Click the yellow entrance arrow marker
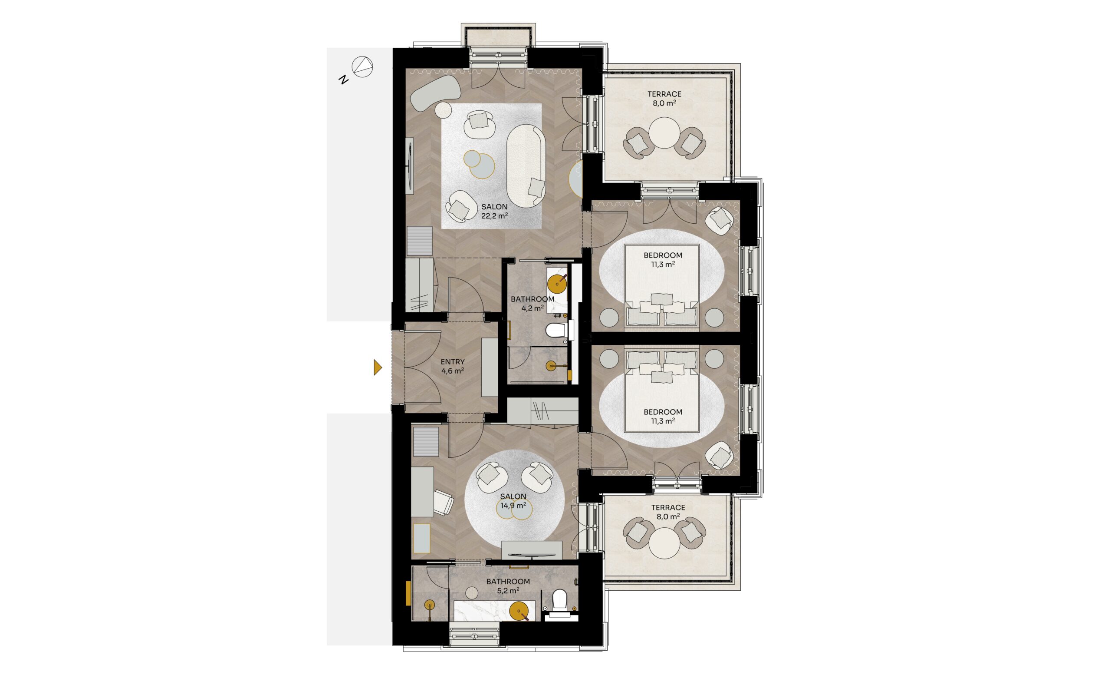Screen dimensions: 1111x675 point(378,367)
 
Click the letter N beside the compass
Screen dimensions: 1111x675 point(344,80)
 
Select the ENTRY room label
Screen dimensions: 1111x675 point(453,361)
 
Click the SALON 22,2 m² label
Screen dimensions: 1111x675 point(494,211)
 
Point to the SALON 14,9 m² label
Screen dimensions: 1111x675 point(513,501)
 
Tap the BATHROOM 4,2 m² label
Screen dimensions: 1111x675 point(532,304)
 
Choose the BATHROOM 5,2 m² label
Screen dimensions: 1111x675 point(508,586)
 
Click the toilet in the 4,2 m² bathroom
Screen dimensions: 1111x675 point(555,331)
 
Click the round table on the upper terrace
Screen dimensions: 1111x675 point(664,132)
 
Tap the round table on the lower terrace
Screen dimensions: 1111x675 point(664,543)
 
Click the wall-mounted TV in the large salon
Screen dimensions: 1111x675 point(94,166)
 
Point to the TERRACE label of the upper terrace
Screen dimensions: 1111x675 point(664,94)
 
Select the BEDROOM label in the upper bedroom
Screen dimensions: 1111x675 point(663,255)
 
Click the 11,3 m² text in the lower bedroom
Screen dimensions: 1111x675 point(663,421)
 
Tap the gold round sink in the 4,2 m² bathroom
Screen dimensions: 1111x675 point(556,283)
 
